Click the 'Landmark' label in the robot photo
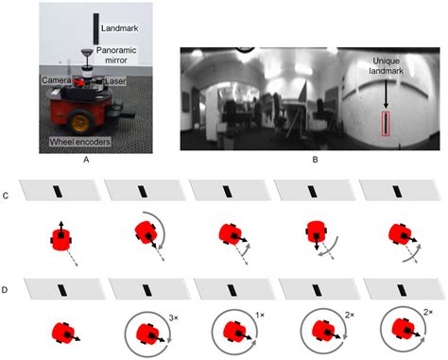pyautogui.click(x=119, y=28)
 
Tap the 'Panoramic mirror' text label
pyautogui.click(x=116, y=55)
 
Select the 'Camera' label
pyautogui.click(x=57, y=80)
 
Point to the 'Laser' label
pyautogui.click(x=115, y=81)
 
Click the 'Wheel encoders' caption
pyautogui.click(x=80, y=142)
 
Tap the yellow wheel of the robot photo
pyautogui.click(x=81, y=122)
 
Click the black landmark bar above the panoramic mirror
pyautogui.click(x=96, y=28)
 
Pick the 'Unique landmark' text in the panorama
pyautogui.click(x=386, y=66)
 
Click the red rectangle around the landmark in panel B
pyautogui.click(x=386, y=124)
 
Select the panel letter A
pyautogui.click(x=86, y=160)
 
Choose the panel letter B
pyautogui.click(x=315, y=160)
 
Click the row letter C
pyautogui.click(x=5, y=196)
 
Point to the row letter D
pyautogui.click(x=5, y=290)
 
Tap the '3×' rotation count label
pyautogui.click(x=173, y=318)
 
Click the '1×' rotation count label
pyautogui.click(x=259, y=315)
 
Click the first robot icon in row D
pyautogui.click(x=63, y=333)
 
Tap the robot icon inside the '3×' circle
pyautogui.click(x=148, y=334)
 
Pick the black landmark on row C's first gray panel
pyautogui.click(x=58, y=192)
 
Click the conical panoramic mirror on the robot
pyautogui.click(x=87, y=53)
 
